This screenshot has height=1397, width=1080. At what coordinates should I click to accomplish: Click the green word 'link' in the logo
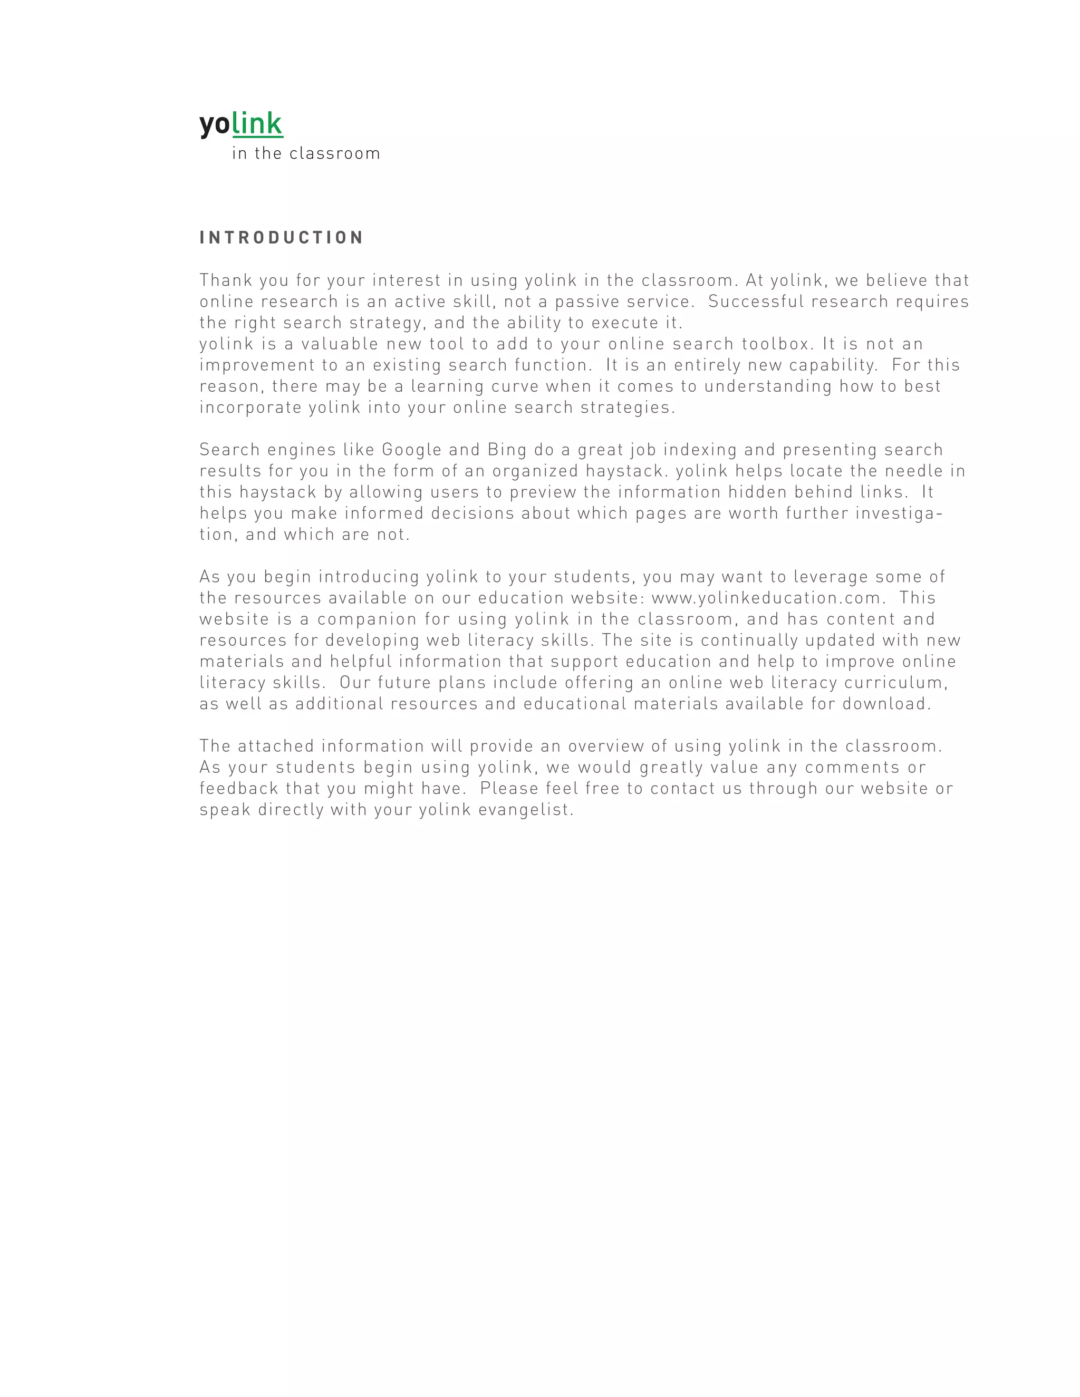pos(257,123)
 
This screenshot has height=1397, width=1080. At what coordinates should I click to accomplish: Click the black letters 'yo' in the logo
pos(214,124)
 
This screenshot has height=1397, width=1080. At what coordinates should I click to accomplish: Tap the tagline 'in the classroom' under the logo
pos(306,153)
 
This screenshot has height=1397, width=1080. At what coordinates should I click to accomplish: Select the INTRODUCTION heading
pos(282,238)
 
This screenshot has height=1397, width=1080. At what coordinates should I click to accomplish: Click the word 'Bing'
pos(507,450)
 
